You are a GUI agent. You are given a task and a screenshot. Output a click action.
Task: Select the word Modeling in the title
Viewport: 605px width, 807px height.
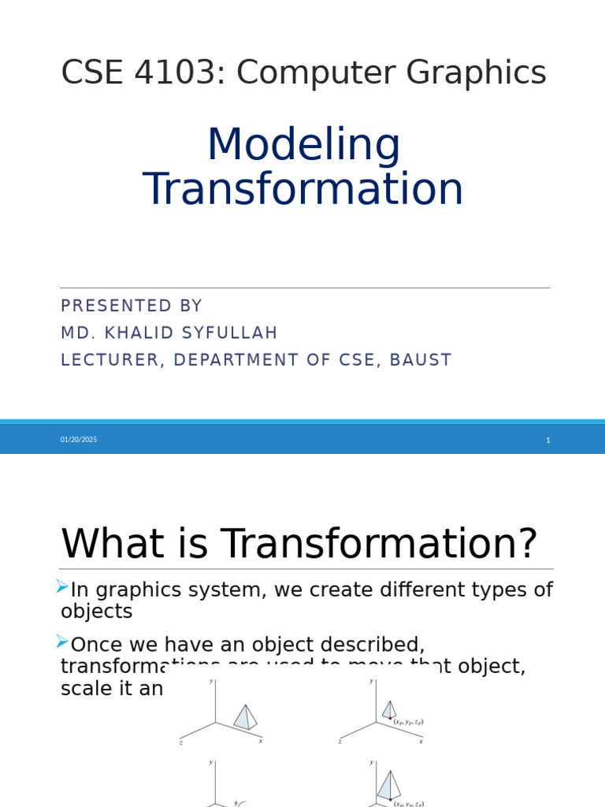pyautogui.click(x=303, y=147)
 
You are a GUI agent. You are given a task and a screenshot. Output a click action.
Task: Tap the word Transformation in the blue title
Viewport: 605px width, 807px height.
pyautogui.click(x=303, y=190)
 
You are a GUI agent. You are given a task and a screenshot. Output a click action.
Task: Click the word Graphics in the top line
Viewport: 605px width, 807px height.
pyautogui.click(x=477, y=73)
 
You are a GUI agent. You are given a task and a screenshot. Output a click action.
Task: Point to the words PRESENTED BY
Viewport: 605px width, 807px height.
pyautogui.click(x=132, y=307)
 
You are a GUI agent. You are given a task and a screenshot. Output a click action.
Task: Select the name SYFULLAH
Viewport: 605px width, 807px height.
pyautogui.click(x=230, y=333)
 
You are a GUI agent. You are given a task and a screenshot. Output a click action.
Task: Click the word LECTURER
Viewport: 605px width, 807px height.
pyautogui.click(x=109, y=360)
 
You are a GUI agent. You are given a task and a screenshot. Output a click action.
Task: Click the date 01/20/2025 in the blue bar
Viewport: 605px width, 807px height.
pyautogui.click(x=79, y=440)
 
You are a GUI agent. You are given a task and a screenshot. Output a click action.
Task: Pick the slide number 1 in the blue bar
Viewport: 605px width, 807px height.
pyautogui.click(x=547, y=441)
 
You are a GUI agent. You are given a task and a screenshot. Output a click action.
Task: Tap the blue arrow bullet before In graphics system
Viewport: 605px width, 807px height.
pyautogui.click(x=62, y=587)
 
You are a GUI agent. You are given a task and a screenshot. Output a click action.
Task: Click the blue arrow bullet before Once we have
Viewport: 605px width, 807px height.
pyautogui.click(x=62, y=642)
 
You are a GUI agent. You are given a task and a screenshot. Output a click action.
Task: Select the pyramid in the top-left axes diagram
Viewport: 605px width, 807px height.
pyautogui.click(x=245, y=717)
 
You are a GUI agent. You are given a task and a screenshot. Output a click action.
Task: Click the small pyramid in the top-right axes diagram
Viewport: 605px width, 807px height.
pyautogui.click(x=388, y=710)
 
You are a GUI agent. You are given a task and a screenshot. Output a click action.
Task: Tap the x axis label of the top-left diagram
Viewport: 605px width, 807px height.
pyautogui.click(x=261, y=741)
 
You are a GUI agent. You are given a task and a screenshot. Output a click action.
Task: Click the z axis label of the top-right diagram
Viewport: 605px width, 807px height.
pyautogui.click(x=340, y=742)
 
